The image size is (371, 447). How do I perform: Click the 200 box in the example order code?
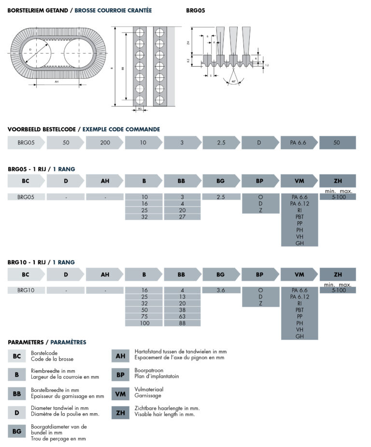(105, 143)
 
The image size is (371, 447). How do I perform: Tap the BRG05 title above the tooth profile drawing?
(196, 10)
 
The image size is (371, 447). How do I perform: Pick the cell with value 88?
(182, 323)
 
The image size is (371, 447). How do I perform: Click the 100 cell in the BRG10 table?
(143, 323)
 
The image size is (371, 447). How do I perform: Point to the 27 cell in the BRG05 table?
(182, 217)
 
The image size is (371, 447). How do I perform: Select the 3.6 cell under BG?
(221, 290)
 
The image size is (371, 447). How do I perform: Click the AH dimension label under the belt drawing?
(57, 82)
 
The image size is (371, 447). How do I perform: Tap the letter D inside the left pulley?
(30, 50)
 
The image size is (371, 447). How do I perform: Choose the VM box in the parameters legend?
(120, 394)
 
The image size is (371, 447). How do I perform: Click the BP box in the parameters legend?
(120, 375)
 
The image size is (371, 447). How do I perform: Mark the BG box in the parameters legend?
(17, 432)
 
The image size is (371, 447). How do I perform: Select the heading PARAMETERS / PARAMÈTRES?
(47, 342)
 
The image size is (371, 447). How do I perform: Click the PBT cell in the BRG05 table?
(300, 217)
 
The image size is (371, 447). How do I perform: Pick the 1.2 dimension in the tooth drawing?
(267, 64)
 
